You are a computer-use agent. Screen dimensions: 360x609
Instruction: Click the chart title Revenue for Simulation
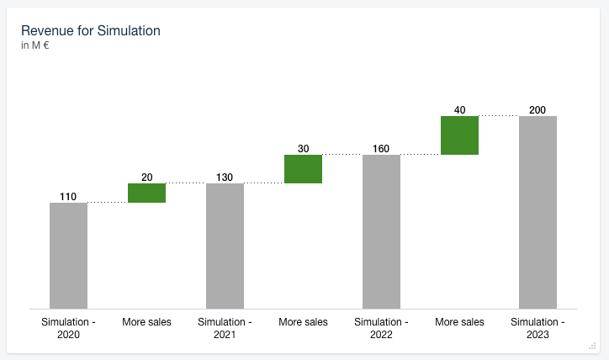[91, 31]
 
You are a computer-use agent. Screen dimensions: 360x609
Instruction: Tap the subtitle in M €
[35, 45]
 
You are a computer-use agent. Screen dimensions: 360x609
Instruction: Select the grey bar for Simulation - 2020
[68, 256]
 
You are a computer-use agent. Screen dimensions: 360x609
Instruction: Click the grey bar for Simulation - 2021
[225, 246]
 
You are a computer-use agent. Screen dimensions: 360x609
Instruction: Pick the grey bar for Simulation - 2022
[381, 231]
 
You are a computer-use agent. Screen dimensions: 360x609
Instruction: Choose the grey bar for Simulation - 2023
[538, 212]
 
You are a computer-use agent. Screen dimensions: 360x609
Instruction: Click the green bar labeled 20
[146, 193]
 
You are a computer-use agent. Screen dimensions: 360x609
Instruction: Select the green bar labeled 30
[303, 169]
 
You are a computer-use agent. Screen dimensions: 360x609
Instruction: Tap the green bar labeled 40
[459, 135]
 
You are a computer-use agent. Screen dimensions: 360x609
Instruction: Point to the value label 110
[68, 197]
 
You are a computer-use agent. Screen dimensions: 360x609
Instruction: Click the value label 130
[225, 177]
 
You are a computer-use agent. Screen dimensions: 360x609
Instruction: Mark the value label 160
[381, 149]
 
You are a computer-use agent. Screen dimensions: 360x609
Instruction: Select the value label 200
[538, 110]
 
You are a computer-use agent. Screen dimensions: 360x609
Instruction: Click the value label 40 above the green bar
[459, 110]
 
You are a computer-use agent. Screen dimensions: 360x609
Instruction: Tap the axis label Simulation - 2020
[68, 328]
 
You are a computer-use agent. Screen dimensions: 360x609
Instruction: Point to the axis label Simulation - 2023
[538, 328]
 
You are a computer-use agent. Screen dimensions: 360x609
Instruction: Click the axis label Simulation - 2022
[381, 328]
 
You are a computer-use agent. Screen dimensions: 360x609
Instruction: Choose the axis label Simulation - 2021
[225, 328]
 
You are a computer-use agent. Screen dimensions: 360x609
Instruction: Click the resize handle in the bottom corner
[592, 345]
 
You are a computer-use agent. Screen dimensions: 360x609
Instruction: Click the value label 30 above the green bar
[303, 149]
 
